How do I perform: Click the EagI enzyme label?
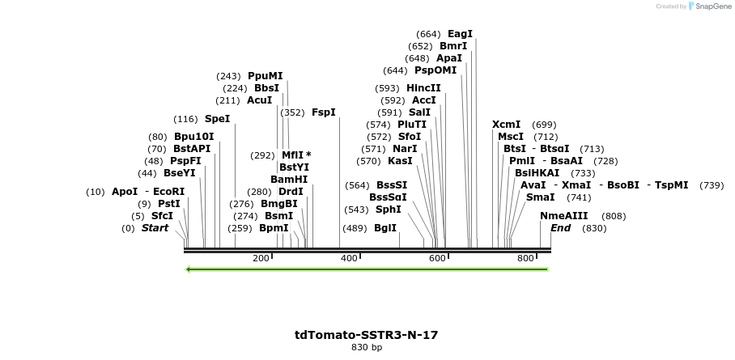coord(460,34)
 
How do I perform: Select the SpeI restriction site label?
coord(217,119)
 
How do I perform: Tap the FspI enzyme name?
coord(323,112)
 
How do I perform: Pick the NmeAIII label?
coord(563,216)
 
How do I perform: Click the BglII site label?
coord(385,228)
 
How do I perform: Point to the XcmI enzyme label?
coord(506,125)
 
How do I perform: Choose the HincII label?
coord(423,88)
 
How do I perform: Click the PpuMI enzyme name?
coord(266,76)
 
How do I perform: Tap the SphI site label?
coord(388,210)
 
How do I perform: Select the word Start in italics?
coord(155,228)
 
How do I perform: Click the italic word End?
coord(560,228)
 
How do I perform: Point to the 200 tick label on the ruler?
coord(261,258)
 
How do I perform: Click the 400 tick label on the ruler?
coord(349,258)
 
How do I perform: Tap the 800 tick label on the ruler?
coord(525,258)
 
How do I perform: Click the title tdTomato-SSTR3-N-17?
coord(367,335)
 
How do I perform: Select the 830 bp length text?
coord(367,348)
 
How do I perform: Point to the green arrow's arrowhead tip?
coord(187,269)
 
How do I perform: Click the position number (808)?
coord(614,216)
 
